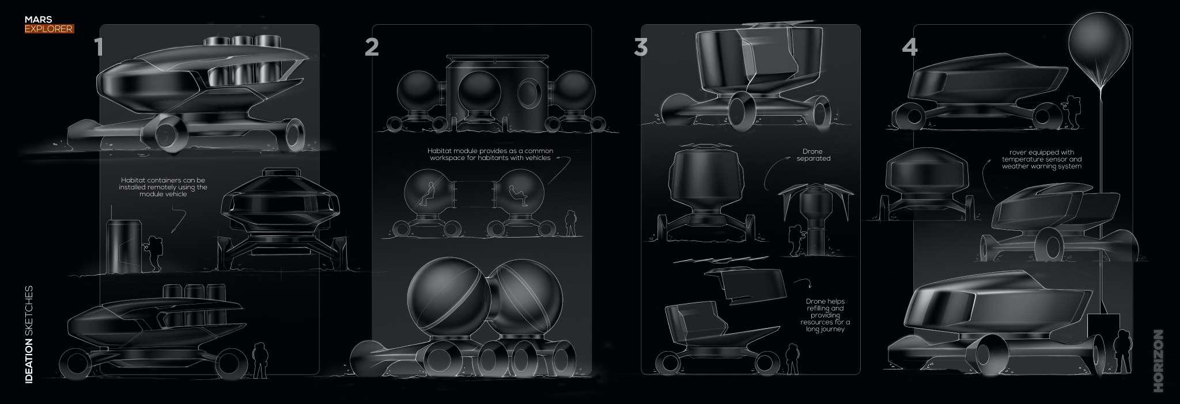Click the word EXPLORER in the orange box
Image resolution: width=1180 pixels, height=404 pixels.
click(49, 28)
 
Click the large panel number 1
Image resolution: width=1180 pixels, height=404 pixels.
click(99, 47)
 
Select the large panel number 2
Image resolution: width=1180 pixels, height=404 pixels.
click(372, 47)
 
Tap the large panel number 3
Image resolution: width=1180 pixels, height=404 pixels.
click(641, 47)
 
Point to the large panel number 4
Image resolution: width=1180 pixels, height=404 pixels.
click(910, 47)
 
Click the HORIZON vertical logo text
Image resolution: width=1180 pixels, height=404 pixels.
click(1159, 361)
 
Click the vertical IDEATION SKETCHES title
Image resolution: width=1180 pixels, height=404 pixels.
click(29, 334)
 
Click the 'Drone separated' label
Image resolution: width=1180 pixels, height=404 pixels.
click(814, 155)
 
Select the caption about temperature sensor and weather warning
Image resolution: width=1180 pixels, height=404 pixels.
click(1042, 159)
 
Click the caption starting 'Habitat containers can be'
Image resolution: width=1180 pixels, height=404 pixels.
click(163, 187)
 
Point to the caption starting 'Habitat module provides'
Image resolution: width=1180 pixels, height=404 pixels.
click(490, 154)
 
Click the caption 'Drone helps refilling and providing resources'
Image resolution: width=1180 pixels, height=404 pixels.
click(825, 315)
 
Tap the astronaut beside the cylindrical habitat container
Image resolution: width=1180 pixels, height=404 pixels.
click(154, 252)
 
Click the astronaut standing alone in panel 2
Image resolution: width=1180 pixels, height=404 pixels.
click(570, 223)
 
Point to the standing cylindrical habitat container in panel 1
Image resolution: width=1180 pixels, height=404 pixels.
click(123, 246)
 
